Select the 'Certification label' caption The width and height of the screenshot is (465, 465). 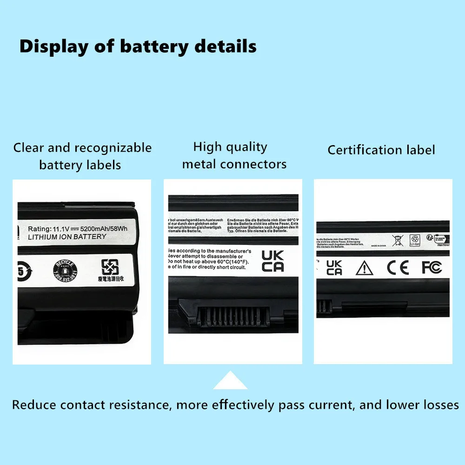(x=381, y=150)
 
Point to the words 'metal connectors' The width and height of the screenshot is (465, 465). (x=234, y=164)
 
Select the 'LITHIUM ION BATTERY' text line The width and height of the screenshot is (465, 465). (x=67, y=237)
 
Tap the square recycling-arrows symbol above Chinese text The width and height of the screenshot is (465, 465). (x=111, y=267)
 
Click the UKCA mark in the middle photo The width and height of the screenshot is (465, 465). (x=272, y=261)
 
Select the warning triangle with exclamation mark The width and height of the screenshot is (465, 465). (x=364, y=267)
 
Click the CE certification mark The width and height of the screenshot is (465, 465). (x=398, y=267)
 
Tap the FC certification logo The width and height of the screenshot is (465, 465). (x=431, y=267)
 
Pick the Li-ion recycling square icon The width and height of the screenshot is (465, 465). (x=414, y=240)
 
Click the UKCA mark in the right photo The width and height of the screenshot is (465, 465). (x=334, y=267)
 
